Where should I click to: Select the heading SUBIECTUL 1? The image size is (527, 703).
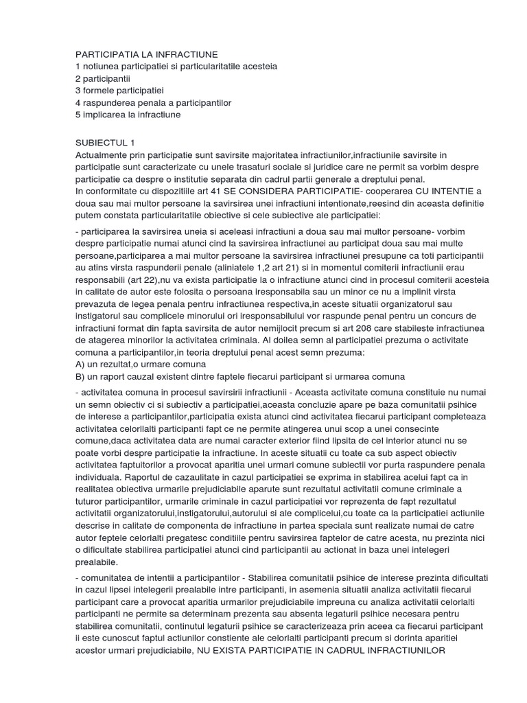[105, 142]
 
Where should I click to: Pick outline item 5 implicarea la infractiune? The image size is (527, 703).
[128, 115]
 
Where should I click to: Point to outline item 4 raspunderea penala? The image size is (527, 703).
[154, 103]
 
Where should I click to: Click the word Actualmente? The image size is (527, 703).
[102, 155]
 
